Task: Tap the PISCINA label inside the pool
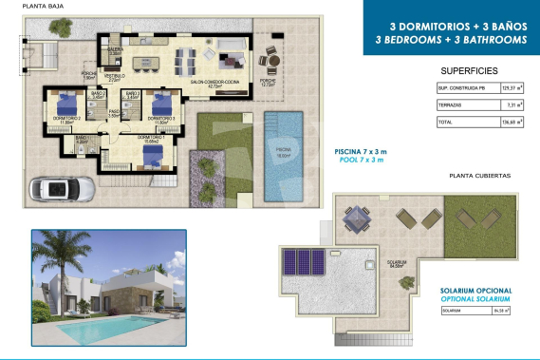(284, 150)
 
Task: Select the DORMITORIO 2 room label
(65, 119)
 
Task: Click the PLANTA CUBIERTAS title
(478, 176)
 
